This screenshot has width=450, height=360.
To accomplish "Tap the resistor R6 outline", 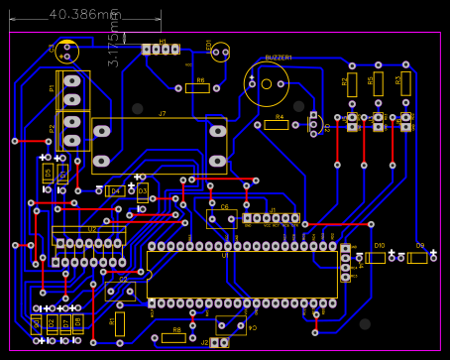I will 198,87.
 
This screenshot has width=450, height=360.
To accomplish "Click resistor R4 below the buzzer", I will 280,125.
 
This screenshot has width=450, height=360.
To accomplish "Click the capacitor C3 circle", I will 67,51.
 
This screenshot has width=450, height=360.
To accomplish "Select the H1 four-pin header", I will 160,49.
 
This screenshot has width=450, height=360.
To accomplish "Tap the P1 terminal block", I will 72,90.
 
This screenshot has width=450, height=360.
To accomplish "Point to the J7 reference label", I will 163,114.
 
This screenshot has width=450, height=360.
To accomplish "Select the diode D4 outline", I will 115,190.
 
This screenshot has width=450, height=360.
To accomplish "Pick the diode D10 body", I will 377,257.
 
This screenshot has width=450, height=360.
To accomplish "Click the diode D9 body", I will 418,257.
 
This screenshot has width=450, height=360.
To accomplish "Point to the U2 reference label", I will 92,229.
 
